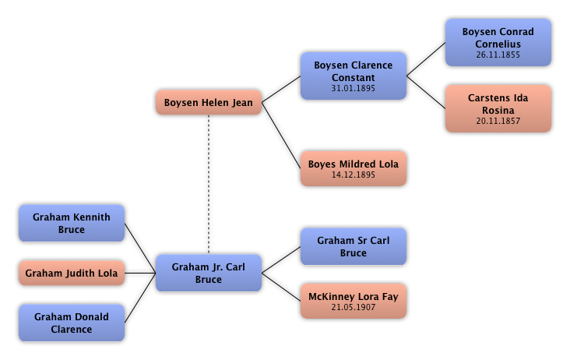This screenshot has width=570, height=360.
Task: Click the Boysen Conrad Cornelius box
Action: (x=498, y=42)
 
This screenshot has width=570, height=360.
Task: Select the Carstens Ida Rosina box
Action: (x=498, y=108)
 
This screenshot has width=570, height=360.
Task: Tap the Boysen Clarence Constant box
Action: (x=354, y=76)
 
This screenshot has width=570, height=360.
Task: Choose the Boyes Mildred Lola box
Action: (x=354, y=168)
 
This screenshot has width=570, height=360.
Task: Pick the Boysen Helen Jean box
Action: (x=209, y=103)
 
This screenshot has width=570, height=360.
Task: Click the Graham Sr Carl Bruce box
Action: (x=354, y=246)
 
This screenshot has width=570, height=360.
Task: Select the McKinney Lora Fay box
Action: (x=354, y=301)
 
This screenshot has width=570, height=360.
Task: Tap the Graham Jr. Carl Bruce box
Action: (x=209, y=273)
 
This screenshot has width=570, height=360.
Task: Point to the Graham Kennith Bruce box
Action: (x=72, y=223)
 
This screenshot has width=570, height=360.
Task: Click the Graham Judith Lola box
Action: (x=72, y=274)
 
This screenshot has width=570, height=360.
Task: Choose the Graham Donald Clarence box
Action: (x=72, y=323)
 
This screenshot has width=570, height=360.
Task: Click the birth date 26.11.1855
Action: (x=498, y=55)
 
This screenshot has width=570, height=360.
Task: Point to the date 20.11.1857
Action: (x=498, y=122)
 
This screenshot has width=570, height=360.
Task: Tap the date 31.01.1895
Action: (x=354, y=89)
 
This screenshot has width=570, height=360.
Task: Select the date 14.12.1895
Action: (x=354, y=175)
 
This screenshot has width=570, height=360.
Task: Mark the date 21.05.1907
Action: (x=354, y=308)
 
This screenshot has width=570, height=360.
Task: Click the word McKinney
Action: (x=332, y=296)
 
